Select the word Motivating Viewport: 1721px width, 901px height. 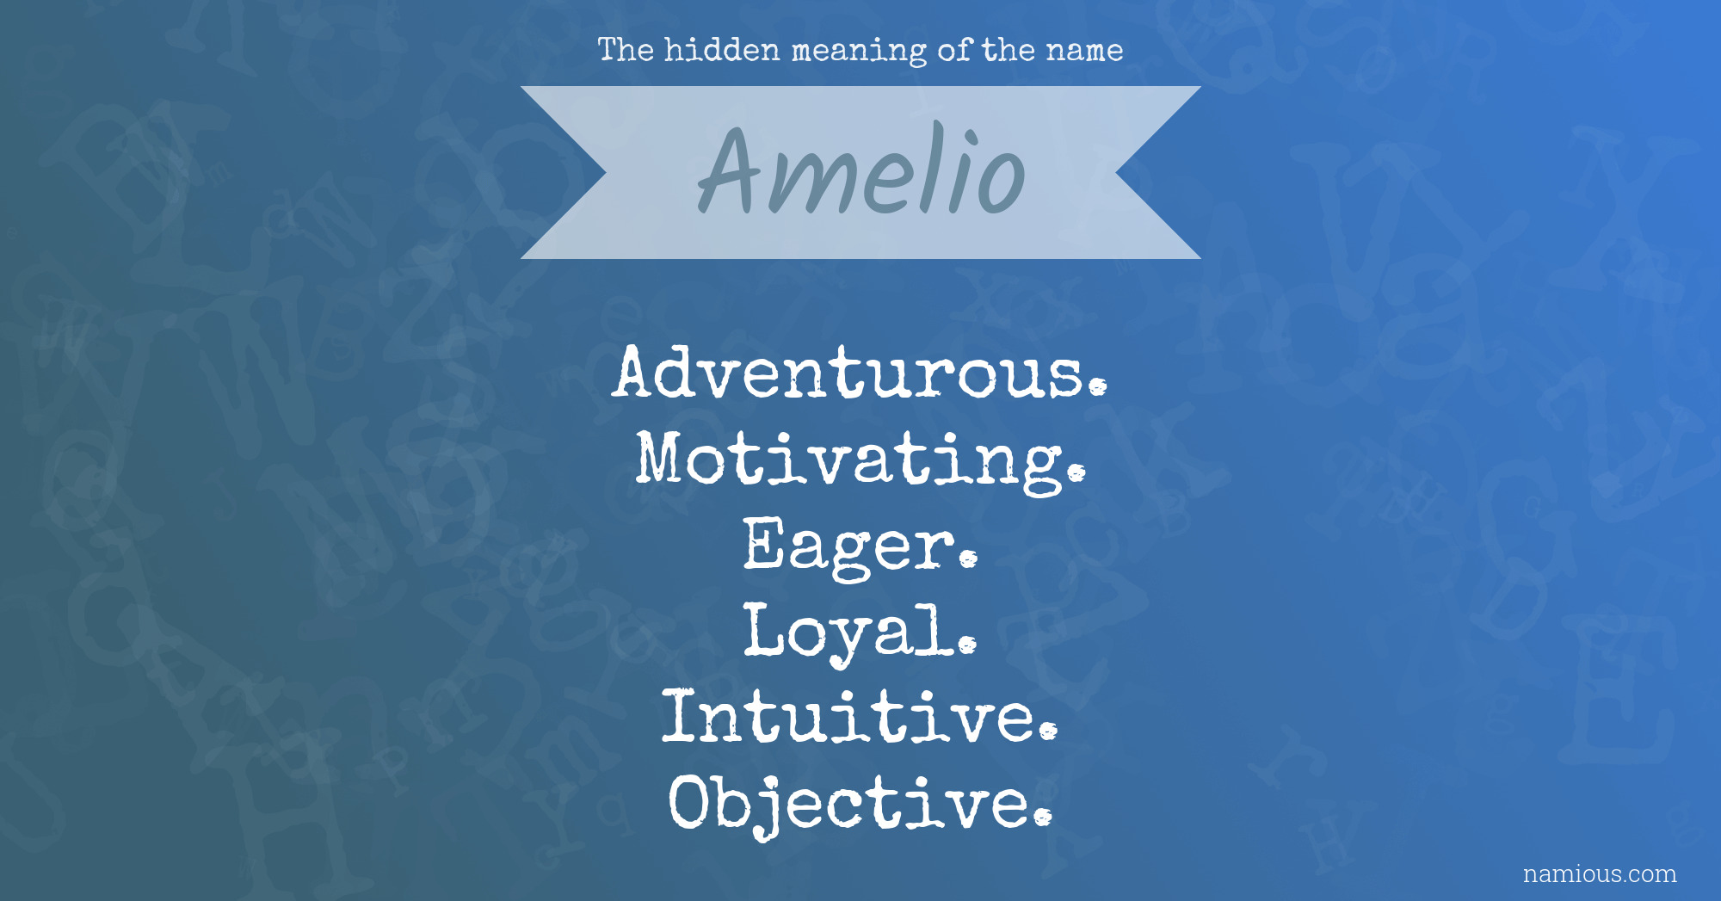click(860, 460)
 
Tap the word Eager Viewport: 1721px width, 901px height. click(860, 546)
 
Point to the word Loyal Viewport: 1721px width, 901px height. click(860, 633)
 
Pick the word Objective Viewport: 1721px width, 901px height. click(860, 805)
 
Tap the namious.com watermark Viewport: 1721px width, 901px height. click(1600, 873)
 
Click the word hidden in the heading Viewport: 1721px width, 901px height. click(722, 49)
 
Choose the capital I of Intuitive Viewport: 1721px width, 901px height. click(679, 716)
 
